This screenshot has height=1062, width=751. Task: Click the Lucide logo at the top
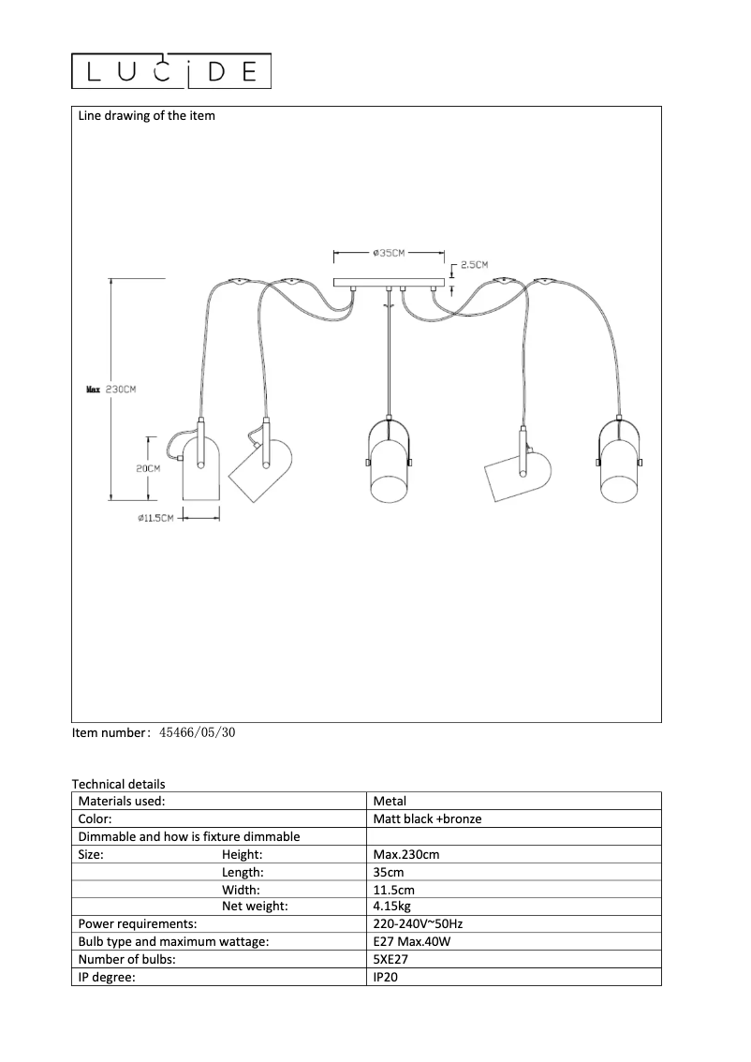tap(172, 71)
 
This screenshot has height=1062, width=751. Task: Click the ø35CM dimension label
tap(388, 253)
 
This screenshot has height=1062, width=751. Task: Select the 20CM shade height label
tap(148, 468)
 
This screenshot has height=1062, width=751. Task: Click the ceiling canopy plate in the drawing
tap(388, 282)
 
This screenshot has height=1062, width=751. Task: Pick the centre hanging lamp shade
tap(388, 466)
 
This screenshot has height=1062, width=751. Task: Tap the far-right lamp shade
tap(618, 468)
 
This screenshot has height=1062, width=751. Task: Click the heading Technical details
tap(119, 784)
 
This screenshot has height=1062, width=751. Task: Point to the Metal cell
tap(390, 801)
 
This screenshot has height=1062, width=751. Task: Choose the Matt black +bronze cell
tap(427, 819)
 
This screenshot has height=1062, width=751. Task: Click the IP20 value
tap(386, 977)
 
